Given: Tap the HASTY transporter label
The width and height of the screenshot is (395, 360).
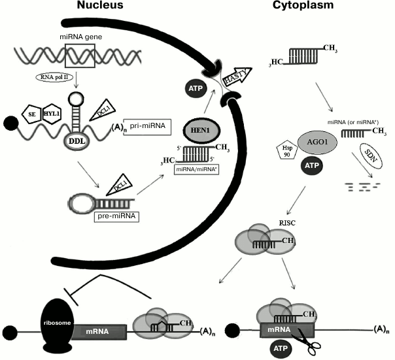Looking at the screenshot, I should (x=237, y=78).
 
